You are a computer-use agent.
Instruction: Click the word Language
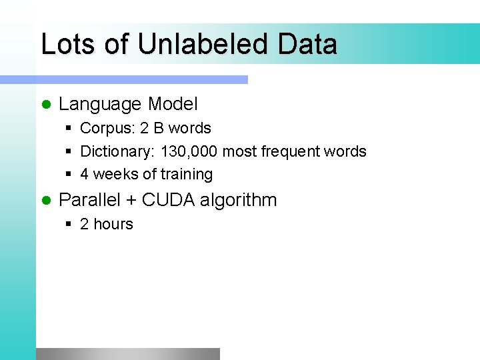click(x=100, y=105)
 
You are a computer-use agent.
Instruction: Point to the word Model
click(x=173, y=104)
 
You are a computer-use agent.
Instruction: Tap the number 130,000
click(x=189, y=152)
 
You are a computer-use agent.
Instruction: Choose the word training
click(x=187, y=175)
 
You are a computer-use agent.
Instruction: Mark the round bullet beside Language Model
click(x=46, y=105)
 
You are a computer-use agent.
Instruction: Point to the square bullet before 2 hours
click(x=69, y=225)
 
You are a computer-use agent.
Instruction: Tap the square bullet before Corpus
click(x=69, y=129)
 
